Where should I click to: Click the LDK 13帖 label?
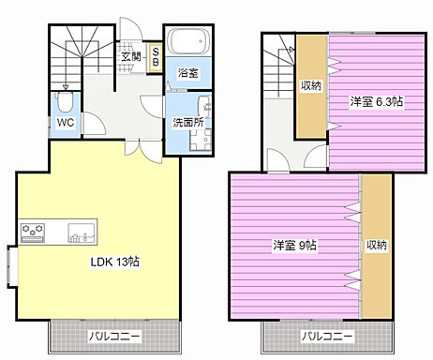click(x=114, y=262)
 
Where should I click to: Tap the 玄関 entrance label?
click(x=130, y=57)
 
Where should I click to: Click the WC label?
click(x=65, y=122)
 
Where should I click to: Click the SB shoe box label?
click(x=156, y=57)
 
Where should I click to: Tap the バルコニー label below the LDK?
click(x=114, y=335)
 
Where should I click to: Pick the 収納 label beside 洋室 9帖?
click(x=377, y=246)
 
